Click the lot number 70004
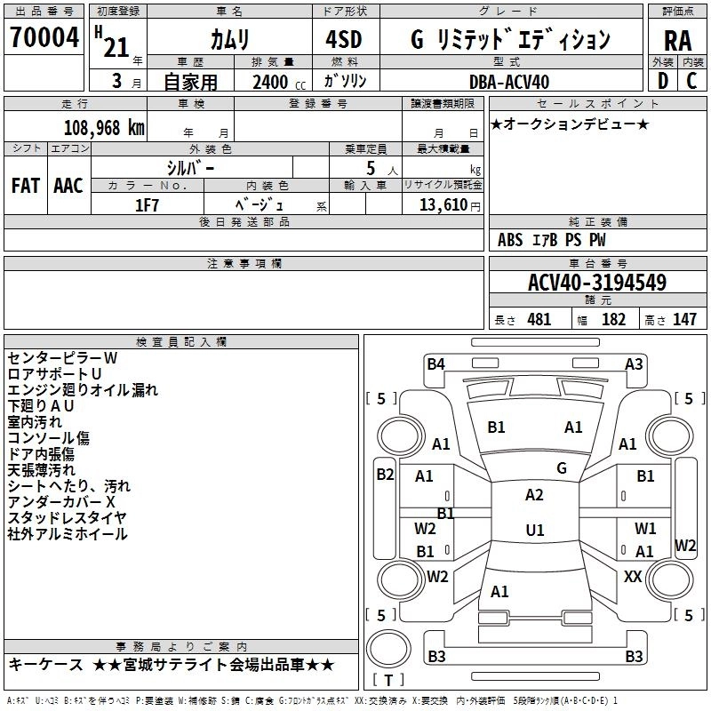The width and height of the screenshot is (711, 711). tap(45, 38)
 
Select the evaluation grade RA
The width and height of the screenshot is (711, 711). tap(677, 40)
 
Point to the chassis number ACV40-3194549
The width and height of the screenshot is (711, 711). tap(597, 283)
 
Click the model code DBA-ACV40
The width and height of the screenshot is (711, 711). tap(509, 82)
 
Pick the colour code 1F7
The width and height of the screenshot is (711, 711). tap(147, 204)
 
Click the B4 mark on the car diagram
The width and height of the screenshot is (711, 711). tap(435, 363)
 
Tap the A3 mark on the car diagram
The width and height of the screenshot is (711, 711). tap(634, 363)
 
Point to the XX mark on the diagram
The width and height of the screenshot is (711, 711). tap(633, 577)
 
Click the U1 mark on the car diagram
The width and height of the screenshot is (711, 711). tap(534, 530)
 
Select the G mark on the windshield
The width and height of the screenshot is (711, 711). tap(562, 467)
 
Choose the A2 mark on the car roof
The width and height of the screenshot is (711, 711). tap(534, 495)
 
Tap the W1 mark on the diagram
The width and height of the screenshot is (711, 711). tap(645, 529)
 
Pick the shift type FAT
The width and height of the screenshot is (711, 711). tap(26, 186)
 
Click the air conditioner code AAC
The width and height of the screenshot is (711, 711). tap(68, 186)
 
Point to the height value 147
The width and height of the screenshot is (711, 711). tap(684, 320)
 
